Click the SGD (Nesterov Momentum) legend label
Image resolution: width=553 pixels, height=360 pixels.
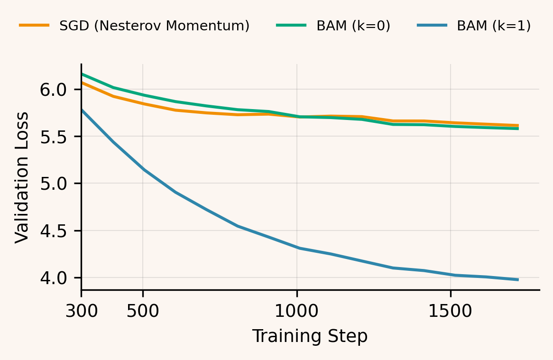point(154,26)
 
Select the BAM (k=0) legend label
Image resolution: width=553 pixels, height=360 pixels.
point(353,26)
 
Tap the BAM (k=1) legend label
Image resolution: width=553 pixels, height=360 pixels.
point(494,26)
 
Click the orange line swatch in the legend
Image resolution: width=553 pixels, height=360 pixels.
point(34,26)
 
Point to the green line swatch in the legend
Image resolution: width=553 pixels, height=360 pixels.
point(291,26)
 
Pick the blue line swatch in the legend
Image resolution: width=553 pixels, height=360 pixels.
point(432,26)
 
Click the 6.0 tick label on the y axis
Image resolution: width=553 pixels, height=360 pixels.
point(55,90)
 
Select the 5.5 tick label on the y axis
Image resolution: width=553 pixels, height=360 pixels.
point(55,137)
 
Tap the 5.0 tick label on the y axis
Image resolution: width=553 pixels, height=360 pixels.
point(55,184)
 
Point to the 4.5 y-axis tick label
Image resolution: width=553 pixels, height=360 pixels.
point(55,231)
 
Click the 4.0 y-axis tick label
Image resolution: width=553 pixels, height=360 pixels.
point(55,278)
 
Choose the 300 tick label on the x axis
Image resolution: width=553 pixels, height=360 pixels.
point(81,312)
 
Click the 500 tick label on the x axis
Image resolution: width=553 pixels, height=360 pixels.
point(143,312)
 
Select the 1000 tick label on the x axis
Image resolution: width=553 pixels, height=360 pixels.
point(297,312)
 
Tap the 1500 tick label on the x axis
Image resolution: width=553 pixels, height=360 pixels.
point(451,312)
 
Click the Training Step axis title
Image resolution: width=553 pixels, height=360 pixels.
point(310,336)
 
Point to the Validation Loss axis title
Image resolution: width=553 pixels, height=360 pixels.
point(22,177)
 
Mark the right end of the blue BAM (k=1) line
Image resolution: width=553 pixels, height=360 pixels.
point(518,280)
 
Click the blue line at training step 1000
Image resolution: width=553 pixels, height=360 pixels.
point(297,248)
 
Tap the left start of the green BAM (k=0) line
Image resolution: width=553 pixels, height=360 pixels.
point(82,74)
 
